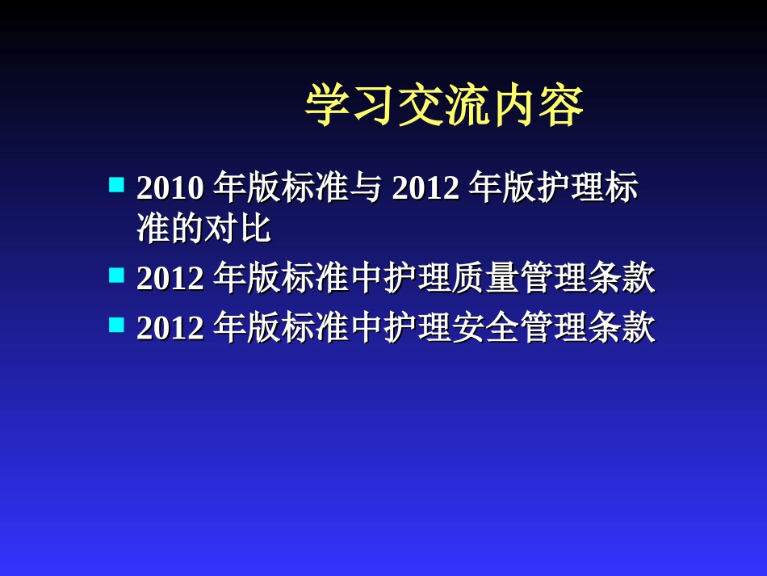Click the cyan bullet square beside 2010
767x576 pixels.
click(116, 185)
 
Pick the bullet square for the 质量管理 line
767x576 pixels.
click(116, 275)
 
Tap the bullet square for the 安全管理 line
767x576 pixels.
click(116, 325)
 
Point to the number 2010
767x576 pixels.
click(170, 188)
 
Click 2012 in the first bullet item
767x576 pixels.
click(425, 188)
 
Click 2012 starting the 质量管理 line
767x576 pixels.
click(170, 279)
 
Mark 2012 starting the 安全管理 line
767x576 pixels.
click(170, 328)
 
